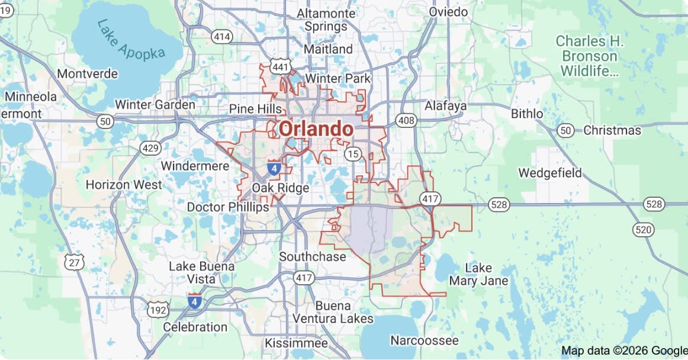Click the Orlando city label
[316, 129]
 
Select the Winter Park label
[337, 78]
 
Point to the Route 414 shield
[222, 37]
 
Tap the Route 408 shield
[407, 121]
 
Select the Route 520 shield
[642, 229]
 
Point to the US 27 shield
[75, 262]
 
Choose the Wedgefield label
[550, 173]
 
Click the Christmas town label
[612, 130]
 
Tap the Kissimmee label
[296, 343]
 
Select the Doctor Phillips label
[228, 207]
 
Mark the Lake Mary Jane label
[478, 275]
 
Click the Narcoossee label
[424, 340]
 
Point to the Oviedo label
[448, 12]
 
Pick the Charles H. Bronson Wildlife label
[589, 57]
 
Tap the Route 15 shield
[353, 155]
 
